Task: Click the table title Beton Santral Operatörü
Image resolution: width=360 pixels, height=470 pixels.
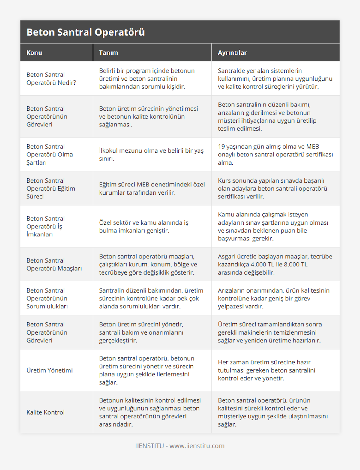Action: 85,32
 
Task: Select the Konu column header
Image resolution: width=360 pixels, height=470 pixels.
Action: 34,52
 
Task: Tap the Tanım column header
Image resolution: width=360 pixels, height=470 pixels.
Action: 108,52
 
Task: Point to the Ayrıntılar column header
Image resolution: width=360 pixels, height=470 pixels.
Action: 232,52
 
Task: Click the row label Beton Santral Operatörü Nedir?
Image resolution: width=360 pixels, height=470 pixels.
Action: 51,79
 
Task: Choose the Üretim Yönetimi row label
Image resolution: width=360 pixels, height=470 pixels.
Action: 49,370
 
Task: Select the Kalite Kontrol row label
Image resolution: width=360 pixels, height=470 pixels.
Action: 45,412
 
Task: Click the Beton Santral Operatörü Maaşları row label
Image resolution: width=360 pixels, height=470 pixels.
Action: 54,264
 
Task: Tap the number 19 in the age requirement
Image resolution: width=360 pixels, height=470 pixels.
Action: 221,147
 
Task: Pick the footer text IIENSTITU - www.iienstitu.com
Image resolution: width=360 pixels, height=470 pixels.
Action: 180,446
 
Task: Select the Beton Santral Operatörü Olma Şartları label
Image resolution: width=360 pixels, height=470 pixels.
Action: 49,154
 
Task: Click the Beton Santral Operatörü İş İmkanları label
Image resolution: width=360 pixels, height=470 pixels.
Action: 46,226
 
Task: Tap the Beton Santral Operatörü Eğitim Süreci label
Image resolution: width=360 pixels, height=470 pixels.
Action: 51,188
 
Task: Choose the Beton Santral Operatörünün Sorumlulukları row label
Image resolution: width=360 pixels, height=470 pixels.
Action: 47,298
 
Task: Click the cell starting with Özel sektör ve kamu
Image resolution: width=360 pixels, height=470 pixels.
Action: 144,226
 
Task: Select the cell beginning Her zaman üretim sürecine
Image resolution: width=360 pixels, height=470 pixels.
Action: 266,370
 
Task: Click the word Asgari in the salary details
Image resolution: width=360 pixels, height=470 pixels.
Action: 227,257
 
